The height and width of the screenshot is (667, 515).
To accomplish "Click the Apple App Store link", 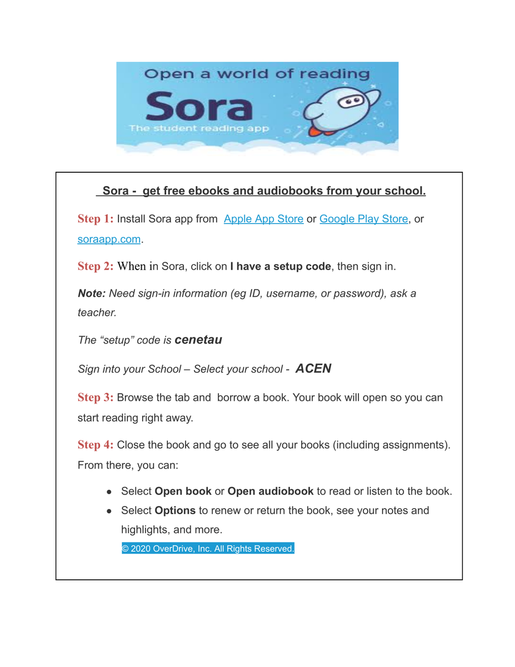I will click(263, 219).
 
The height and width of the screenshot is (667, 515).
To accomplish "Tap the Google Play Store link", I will click(363, 219).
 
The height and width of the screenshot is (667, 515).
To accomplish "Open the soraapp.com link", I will click(109, 240).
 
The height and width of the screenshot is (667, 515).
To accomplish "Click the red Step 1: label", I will click(96, 219).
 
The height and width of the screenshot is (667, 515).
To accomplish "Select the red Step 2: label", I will click(96, 266).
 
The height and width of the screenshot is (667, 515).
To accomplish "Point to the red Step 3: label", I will click(96, 398).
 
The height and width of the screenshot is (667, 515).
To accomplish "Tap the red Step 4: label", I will click(96, 445).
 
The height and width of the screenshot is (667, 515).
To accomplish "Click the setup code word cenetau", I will click(198, 340).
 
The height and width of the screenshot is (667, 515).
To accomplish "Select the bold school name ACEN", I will click(313, 369).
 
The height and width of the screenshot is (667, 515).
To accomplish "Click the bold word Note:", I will click(92, 293).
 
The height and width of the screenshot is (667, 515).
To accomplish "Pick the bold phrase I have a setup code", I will click(280, 266).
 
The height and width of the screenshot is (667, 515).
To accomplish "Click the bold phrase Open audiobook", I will click(270, 491).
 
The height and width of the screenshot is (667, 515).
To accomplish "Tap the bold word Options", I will click(175, 510).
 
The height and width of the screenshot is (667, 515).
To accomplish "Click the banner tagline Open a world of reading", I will click(257, 74).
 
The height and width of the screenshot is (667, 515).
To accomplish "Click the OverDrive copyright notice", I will click(207, 549).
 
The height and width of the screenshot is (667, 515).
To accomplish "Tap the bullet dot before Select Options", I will click(109, 511).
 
